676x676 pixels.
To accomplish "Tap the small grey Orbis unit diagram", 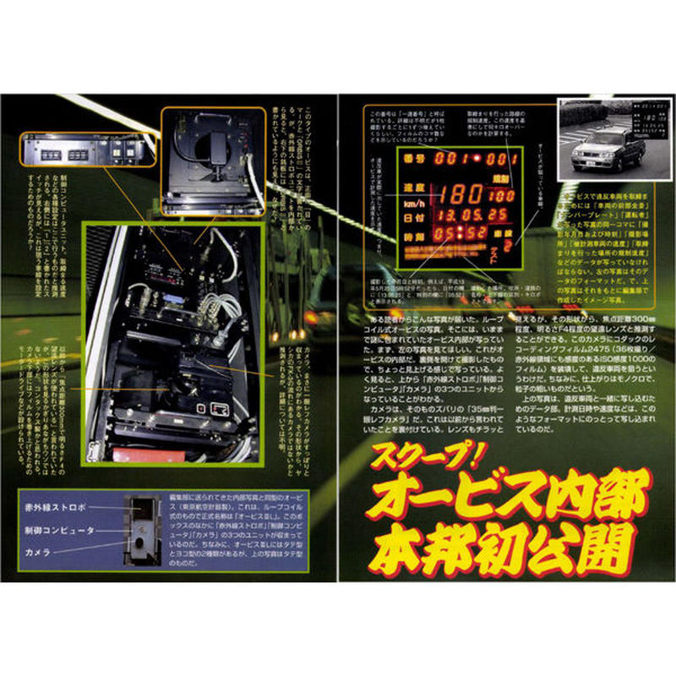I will click(x=139, y=531).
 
